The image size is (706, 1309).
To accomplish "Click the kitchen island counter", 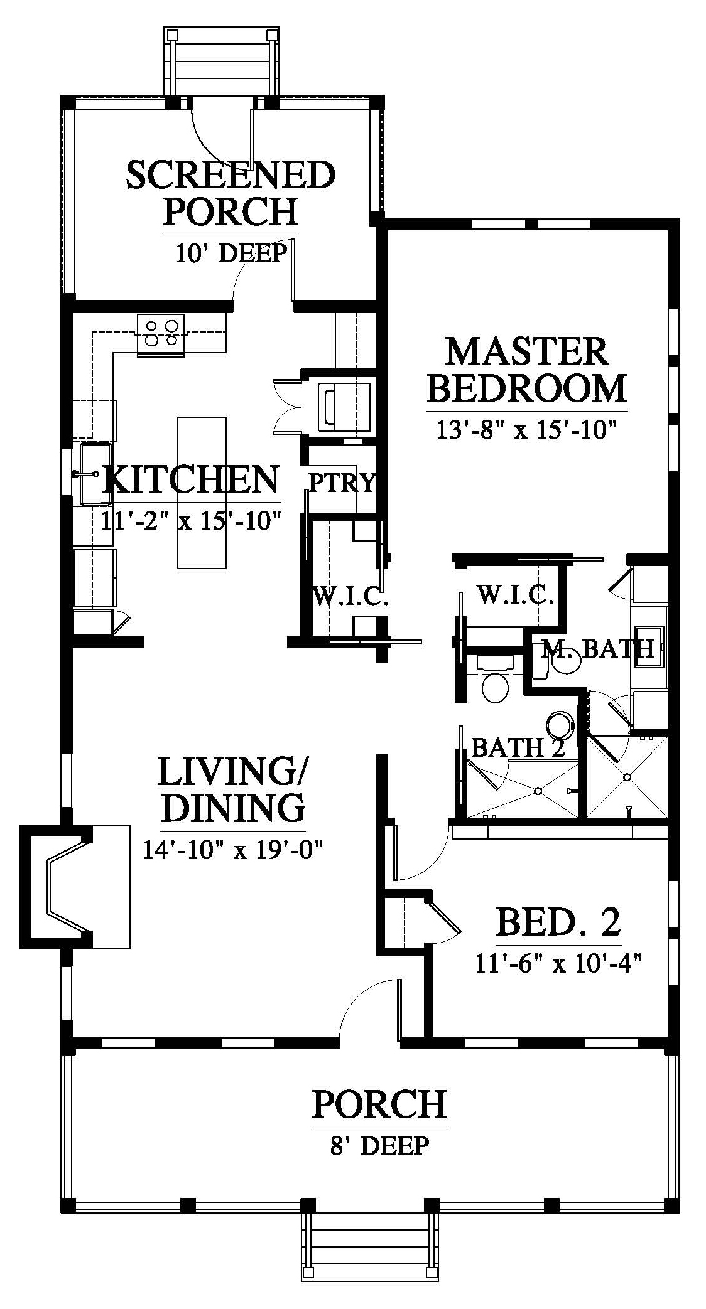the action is (202, 493).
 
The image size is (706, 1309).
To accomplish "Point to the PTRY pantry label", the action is (341, 483).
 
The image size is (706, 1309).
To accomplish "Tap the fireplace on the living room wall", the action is (75, 886).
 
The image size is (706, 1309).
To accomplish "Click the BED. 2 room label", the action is (558, 922).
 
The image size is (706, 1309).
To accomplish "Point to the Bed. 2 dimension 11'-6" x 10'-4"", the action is (558, 962).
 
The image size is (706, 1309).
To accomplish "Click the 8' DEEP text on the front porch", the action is (379, 1145).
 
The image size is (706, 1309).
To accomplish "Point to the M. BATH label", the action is (598, 648).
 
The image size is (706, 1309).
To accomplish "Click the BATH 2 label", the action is (518, 747).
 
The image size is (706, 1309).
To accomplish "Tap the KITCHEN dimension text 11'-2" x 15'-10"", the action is (190, 520).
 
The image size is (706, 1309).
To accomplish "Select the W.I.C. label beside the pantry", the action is (349, 597).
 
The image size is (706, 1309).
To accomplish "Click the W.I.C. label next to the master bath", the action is (515, 594).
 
